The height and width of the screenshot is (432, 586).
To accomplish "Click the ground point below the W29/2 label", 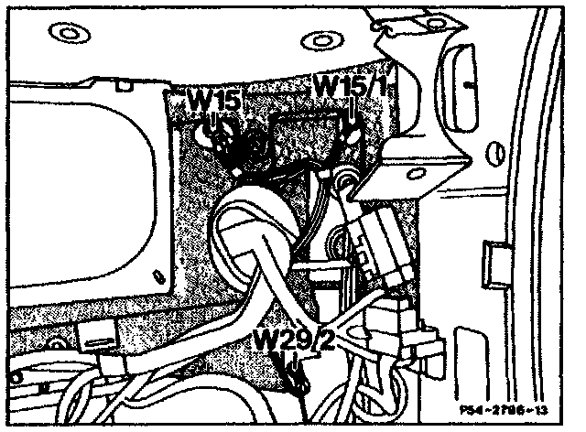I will click(x=295, y=380).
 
